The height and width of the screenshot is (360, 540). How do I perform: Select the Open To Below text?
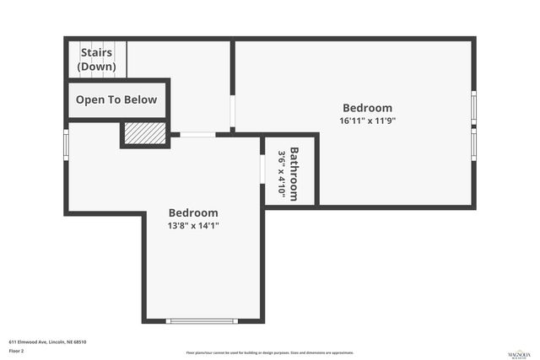coord(116,100)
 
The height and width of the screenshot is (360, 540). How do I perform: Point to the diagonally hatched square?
coord(144,134)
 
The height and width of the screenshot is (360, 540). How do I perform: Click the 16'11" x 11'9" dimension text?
coord(367,121)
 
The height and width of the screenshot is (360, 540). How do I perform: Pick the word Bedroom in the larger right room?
coord(367,108)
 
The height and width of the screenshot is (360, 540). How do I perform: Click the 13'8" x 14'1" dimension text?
coord(193,226)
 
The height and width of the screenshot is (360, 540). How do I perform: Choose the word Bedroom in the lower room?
coord(193,213)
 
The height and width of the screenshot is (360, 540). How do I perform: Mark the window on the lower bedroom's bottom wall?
coord(202,320)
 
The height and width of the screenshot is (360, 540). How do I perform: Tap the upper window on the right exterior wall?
coord(474,107)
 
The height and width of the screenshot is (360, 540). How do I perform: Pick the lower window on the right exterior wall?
coord(474,142)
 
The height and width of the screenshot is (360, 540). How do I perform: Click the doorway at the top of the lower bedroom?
coord(197,134)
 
